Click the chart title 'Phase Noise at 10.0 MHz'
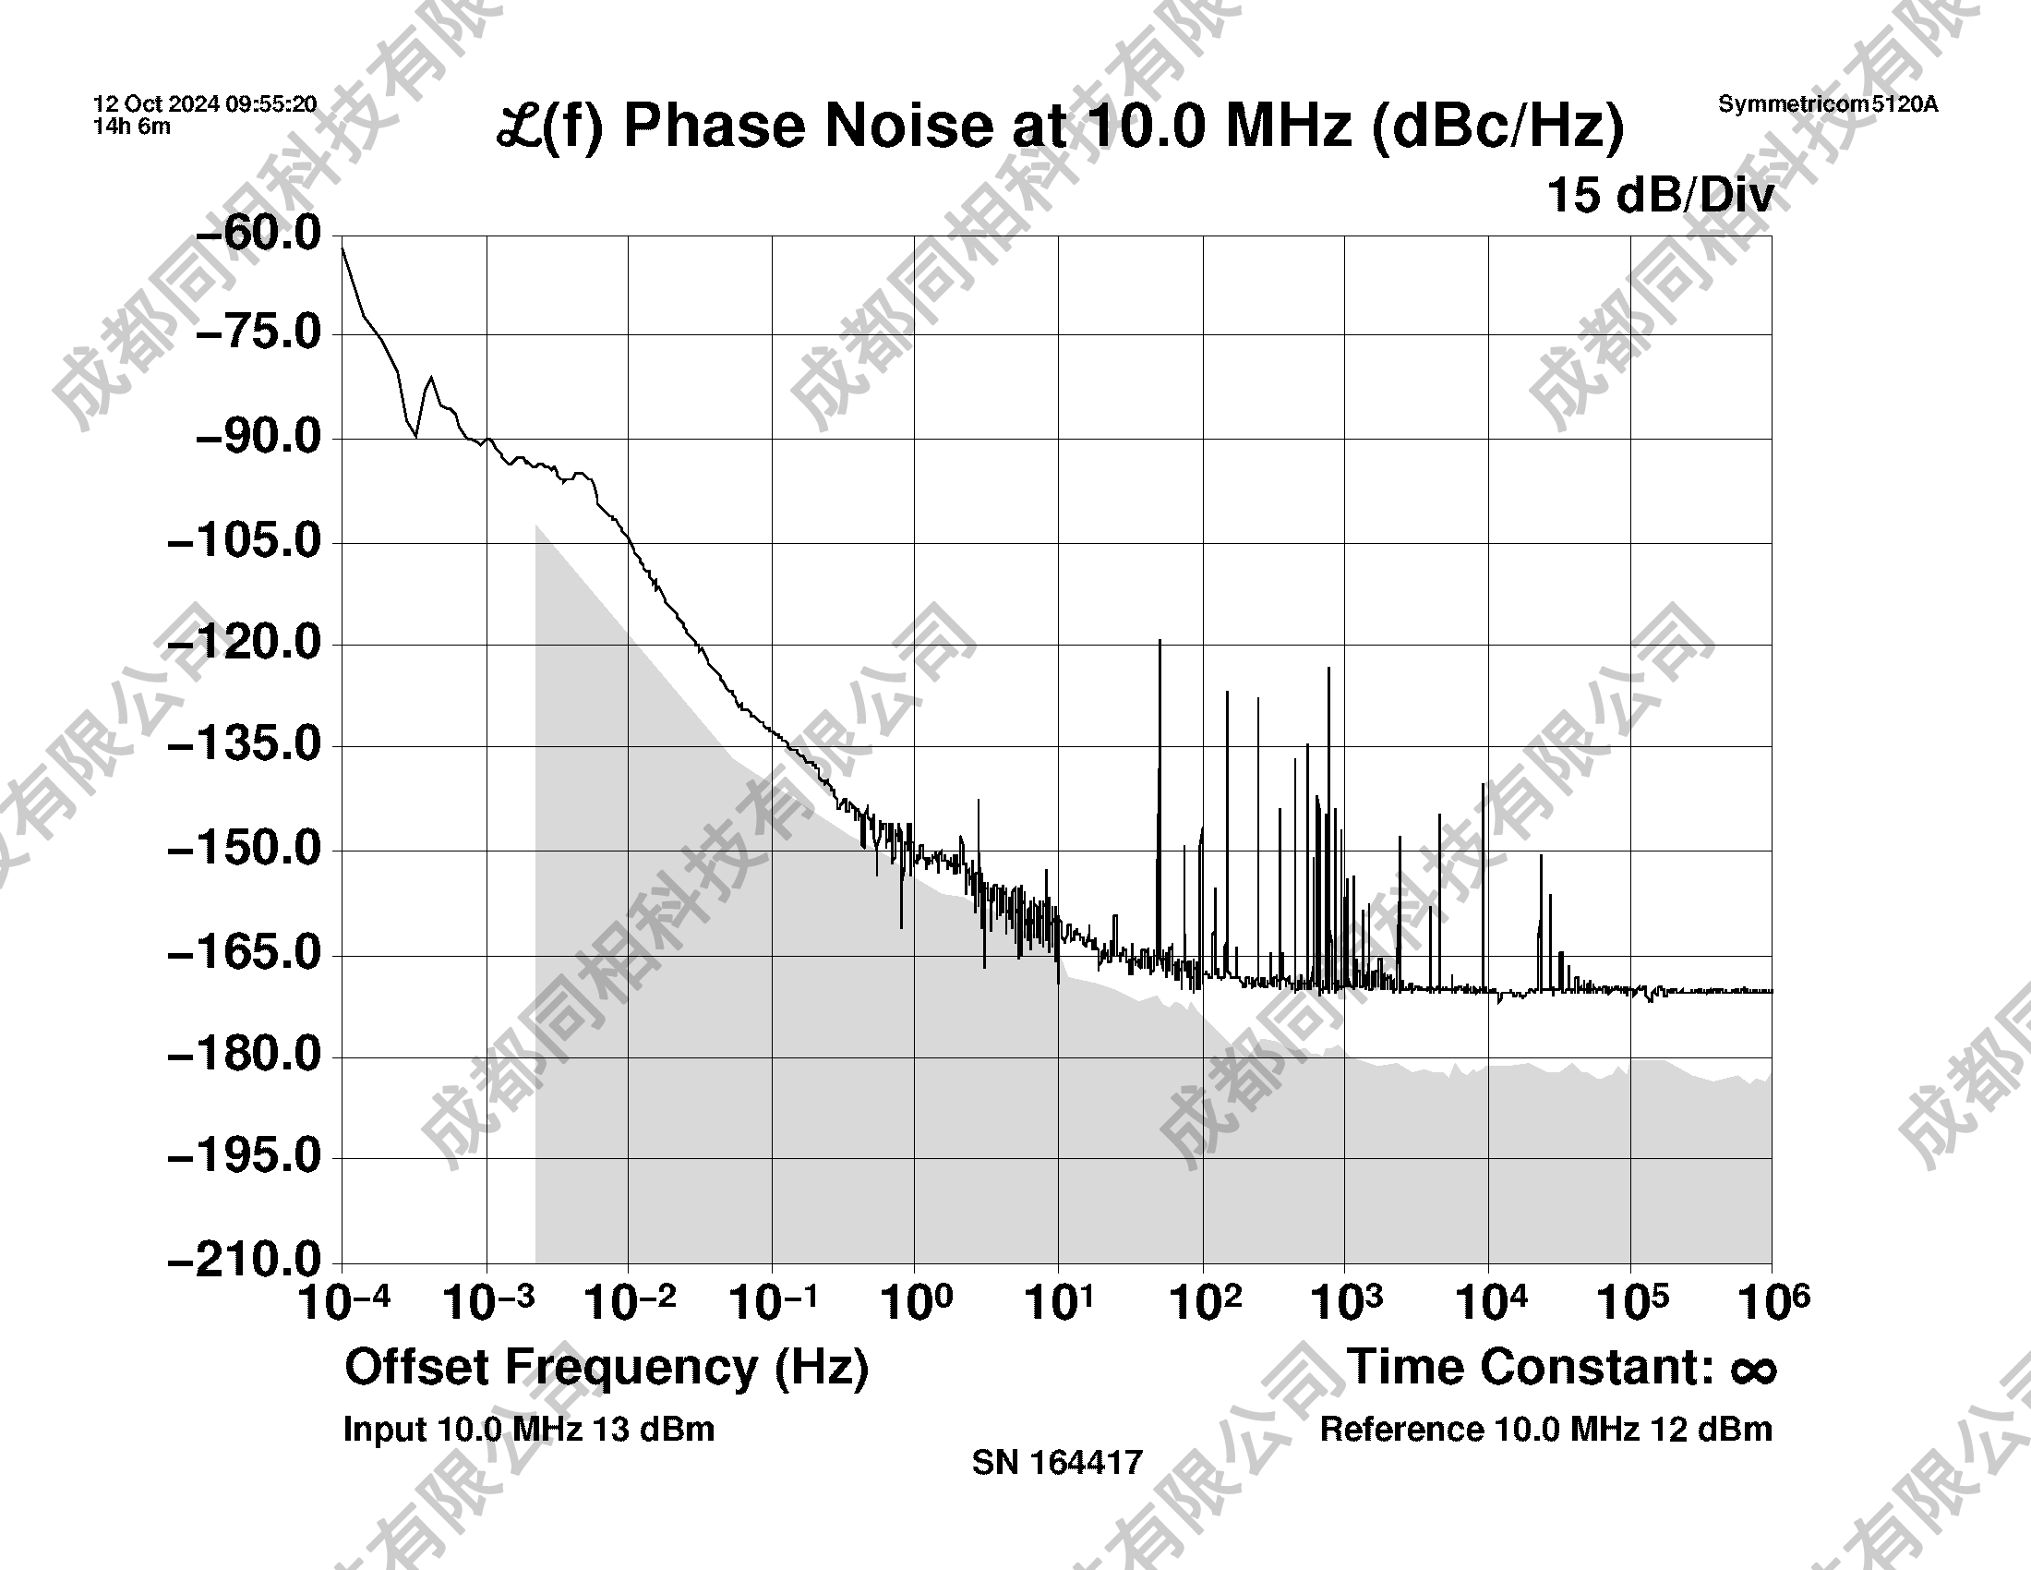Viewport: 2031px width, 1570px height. [1060, 127]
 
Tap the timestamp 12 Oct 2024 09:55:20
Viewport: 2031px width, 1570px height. [205, 104]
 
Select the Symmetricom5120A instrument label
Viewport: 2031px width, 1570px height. [1827, 104]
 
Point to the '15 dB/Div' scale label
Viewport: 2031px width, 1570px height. [1660, 196]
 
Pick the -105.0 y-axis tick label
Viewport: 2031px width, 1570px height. [244, 541]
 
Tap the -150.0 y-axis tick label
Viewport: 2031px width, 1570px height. [244, 849]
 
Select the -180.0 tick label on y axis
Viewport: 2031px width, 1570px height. [244, 1056]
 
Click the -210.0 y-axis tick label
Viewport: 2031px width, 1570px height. [244, 1262]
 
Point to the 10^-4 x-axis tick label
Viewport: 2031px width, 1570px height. [343, 1302]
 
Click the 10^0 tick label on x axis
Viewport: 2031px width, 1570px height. [916, 1302]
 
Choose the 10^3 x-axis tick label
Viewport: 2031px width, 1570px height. [1346, 1302]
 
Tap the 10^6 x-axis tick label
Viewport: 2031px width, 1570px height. [1773, 1302]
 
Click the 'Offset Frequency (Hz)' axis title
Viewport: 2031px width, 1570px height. [607, 1368]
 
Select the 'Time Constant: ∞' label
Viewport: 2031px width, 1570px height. [1562, 1368]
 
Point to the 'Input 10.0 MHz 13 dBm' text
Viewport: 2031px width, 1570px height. [528, 1430]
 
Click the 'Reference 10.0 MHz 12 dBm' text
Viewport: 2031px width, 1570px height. [1545, 1430]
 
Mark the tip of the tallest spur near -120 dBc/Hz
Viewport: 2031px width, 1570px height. [1160, 641]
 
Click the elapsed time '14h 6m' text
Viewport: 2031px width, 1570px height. [132, 127]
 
